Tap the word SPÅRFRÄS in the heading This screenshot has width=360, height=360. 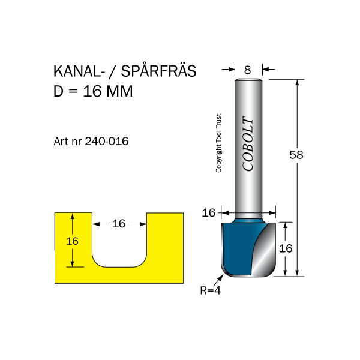[159, 71]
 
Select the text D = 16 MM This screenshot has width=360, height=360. [93, 92]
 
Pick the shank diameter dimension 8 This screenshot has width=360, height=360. [247, 70]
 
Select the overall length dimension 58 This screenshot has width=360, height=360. [296, 155]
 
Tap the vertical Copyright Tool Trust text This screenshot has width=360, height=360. [219, 144]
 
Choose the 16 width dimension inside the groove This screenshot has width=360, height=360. [119, 224]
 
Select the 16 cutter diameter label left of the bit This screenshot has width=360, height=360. [208, 212]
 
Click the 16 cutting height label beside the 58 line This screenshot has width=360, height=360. [286, 248]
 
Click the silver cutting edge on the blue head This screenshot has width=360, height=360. [262, 252]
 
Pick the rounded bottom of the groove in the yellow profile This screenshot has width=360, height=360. [119, 264]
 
